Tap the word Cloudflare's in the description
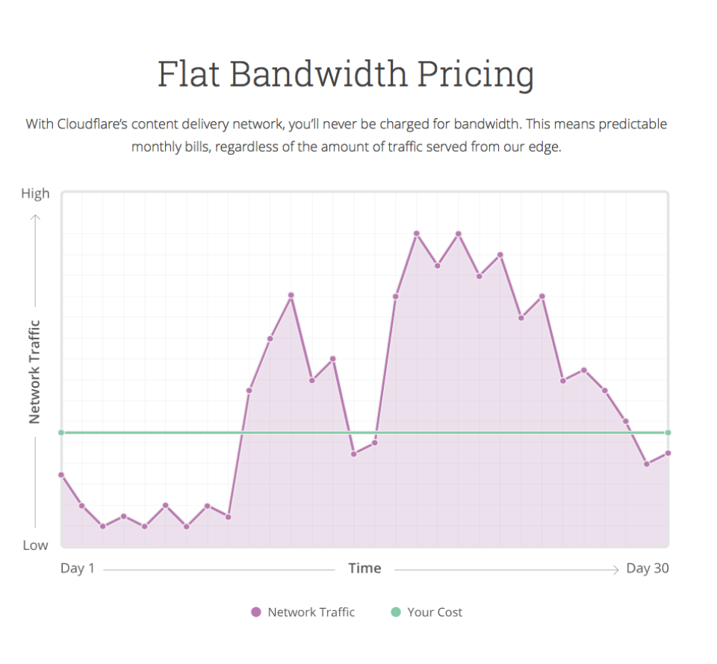point(95,124)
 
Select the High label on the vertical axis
point(35,193)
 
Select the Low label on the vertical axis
point(35,545)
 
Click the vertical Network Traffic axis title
point(34,372)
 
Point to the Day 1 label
point(78,568)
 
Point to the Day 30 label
point(647,568)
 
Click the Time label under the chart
point(364,568)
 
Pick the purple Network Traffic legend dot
point(256,612)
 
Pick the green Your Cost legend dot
point(396,612)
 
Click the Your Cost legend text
point(435,612)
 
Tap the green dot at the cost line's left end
point(61,432)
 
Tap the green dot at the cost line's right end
point(668,432)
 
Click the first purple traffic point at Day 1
point(61,474)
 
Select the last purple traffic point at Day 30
point(668,453)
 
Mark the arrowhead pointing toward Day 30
point(616,570)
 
